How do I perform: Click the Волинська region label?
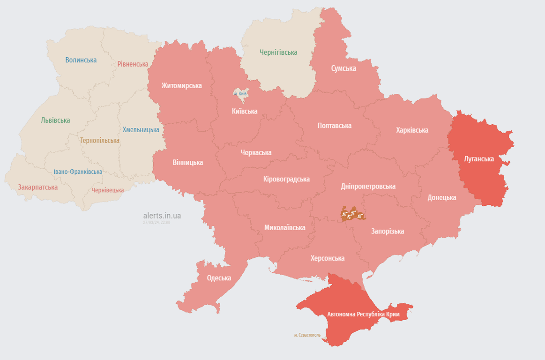(x=81, y=60)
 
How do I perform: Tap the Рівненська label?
(x=133, y=64)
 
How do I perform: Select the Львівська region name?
(x=55, y=120)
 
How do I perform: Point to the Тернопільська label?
(x=99, y=141)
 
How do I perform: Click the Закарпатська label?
(x=38, y=187)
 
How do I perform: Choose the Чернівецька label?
(x=108, y=190)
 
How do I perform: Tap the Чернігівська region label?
(x=278, y=53)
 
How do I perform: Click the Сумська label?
(x=343, y=68)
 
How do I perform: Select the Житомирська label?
(x=182, y=86)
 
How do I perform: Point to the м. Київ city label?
(x=240, y=94)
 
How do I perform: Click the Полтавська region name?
(x=335, y=126)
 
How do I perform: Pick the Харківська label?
(x=412, y=130)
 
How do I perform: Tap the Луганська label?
(x=479, y=159)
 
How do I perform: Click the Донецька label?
(x=441, y=198)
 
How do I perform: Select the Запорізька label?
(x=388, y=231)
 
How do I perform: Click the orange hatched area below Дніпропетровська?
(x=353, y=214)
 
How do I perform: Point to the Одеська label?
(x=219, y=278)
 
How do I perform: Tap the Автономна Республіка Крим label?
(x=364, y=315)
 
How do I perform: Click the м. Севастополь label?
(x=307, y=335)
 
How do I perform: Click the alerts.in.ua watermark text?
(x=162, y=216)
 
